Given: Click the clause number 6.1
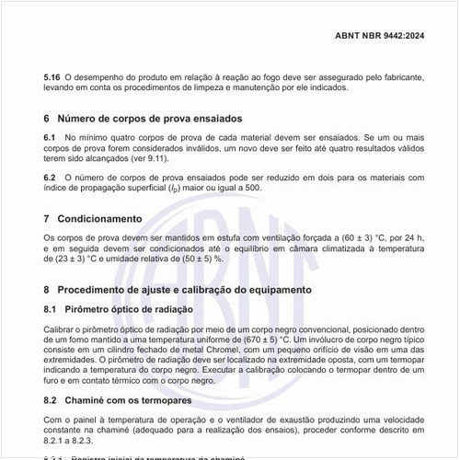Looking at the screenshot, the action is [x=51, y=136].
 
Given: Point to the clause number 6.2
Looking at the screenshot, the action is [x=51, y=176].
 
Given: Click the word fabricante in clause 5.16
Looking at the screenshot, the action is [x=398, y=76].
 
